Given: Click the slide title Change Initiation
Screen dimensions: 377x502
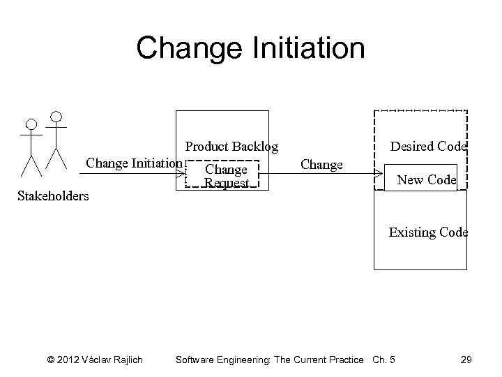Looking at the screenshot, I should (x=250, y=48).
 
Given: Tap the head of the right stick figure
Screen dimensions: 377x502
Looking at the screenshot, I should (x=56, y=115).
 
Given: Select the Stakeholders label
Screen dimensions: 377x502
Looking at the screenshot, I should (x=53, y=195).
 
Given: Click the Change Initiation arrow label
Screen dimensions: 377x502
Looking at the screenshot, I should (x=134, y=163).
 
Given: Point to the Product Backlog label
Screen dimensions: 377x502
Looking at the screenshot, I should (x=231, y=147).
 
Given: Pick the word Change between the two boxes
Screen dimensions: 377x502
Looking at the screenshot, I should (x=321, y=165).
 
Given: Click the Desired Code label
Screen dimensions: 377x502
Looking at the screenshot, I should (x=428, y=147).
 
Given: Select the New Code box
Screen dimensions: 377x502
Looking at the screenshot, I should (x=426, y=179).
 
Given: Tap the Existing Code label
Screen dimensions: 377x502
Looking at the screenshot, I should (x=428, y=232).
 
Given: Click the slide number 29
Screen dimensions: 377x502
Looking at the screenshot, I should (x=466, y=360).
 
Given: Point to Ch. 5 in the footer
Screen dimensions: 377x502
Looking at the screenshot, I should (x=383, y=360).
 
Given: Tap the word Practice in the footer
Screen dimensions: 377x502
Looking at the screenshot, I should (x=344, y=360).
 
